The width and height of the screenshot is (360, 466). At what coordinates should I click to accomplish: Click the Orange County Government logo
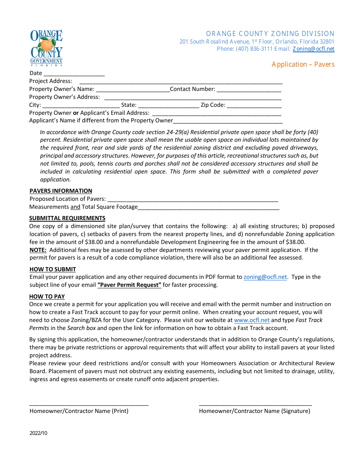(x=46, y=48)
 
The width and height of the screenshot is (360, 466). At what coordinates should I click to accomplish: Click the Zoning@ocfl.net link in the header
(x=313, y=49)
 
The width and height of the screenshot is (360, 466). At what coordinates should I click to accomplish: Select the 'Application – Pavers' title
(x=303, y=64)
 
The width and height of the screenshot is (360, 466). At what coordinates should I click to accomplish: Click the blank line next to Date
(x=74, y=73)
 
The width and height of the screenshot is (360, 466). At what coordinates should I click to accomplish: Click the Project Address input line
(x=181, y=81)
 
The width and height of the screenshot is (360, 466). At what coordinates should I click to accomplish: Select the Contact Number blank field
(x=249, y=89)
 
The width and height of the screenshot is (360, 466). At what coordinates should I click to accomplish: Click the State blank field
(x=168, y=105)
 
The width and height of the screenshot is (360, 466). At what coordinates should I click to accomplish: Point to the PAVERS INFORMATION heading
(x=61, y=191)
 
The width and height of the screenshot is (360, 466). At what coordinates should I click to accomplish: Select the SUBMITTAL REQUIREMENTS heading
(x=67, y=218)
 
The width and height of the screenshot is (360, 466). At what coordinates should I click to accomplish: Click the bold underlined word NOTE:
(x=38, y=250)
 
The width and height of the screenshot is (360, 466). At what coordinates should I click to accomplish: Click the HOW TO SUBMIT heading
(x=53, y=269)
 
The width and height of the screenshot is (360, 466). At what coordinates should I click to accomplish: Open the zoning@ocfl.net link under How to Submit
(x=265, y=277)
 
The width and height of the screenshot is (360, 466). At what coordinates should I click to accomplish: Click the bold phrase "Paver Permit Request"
(x=129, y=285)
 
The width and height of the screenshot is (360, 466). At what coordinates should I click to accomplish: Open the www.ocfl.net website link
(x=252, y=320)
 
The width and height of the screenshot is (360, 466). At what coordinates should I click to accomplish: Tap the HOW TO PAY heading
(x=47, y=297)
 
